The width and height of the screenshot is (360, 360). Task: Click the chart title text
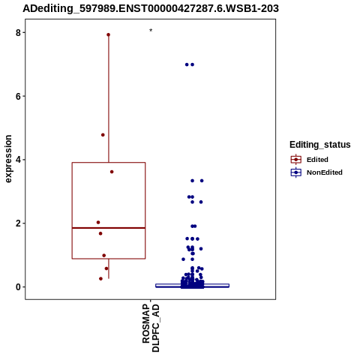coord(151,8)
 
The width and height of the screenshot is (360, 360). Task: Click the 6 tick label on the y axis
coord(19,96)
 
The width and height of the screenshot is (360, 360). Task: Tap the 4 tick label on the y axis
coord(19,160)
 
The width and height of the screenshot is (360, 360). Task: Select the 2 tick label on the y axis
coord(19,223)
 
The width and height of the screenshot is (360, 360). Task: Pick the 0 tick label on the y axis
coord(19,287)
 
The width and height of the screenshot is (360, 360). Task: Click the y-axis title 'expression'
coord(8,159)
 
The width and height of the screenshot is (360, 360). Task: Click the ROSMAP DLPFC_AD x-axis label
coord(151,328)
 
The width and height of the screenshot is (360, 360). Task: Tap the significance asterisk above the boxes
coord(151,31)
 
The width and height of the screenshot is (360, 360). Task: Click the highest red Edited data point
coord(109,34)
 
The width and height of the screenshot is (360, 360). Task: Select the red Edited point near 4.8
coord(103,135)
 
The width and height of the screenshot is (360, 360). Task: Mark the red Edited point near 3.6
coord(112,172)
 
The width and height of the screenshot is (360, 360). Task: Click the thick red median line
coord(109,228)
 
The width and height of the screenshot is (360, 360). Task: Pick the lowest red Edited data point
coord(100,279)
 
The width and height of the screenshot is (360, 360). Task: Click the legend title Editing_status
coord(320,145)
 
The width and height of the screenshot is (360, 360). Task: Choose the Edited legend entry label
coord(317,160)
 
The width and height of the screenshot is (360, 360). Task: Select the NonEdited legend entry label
coord(325,172)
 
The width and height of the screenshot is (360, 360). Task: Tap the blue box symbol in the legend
coord(296,172)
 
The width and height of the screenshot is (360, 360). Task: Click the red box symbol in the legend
coord(296,160)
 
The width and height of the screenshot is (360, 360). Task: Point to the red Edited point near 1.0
coord(104,256)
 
